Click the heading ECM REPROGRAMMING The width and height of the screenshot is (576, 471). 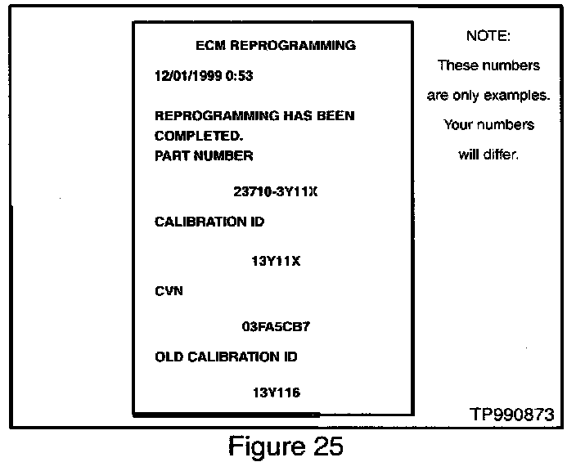point(277,46)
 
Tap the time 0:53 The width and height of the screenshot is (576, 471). point(241,76)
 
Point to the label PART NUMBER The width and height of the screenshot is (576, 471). point(204,155)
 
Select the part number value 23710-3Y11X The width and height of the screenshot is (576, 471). point(276,192)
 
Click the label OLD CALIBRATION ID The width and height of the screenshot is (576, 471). point(226,357)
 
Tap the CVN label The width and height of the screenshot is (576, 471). point(168,290)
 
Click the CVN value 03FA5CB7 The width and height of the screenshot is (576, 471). point(276,326)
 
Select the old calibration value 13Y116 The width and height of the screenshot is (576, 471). point(276,392)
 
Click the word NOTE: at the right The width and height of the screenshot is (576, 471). point(488,36)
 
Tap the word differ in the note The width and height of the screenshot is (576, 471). point(502,155)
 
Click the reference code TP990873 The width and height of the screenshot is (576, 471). point(511,415)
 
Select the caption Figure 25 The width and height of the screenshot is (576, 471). point(285,447)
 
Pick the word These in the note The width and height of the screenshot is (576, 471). point(457,65)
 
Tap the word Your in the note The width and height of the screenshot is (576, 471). point(458,125)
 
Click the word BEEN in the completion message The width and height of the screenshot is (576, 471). point(335,115)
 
